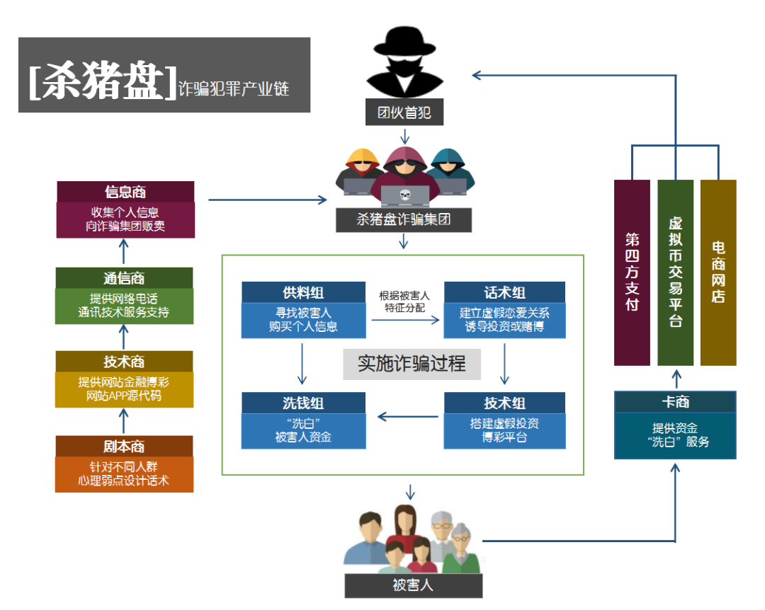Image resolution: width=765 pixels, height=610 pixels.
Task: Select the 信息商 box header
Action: (125, 192)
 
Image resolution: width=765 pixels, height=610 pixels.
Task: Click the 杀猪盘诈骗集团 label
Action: (404, 219)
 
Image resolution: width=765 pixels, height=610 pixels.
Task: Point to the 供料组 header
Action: (303, 292)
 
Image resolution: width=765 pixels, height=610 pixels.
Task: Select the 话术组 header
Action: (504, 292)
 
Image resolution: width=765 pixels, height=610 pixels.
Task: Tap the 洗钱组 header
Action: (303, 403)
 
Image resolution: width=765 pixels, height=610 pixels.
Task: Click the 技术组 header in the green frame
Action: (504, 403)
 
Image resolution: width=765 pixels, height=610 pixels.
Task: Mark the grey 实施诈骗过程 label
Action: (412, 364)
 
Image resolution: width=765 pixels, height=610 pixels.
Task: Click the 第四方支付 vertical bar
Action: (632, 272)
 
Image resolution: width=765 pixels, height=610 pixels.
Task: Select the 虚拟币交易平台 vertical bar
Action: (675, 272)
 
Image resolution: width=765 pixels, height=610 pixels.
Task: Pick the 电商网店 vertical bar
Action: (718, 272)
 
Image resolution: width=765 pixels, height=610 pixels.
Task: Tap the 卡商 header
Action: (675, 402)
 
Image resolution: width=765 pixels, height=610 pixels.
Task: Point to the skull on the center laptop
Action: (404, 195)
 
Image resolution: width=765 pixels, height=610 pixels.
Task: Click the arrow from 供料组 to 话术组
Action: (404, 320)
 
